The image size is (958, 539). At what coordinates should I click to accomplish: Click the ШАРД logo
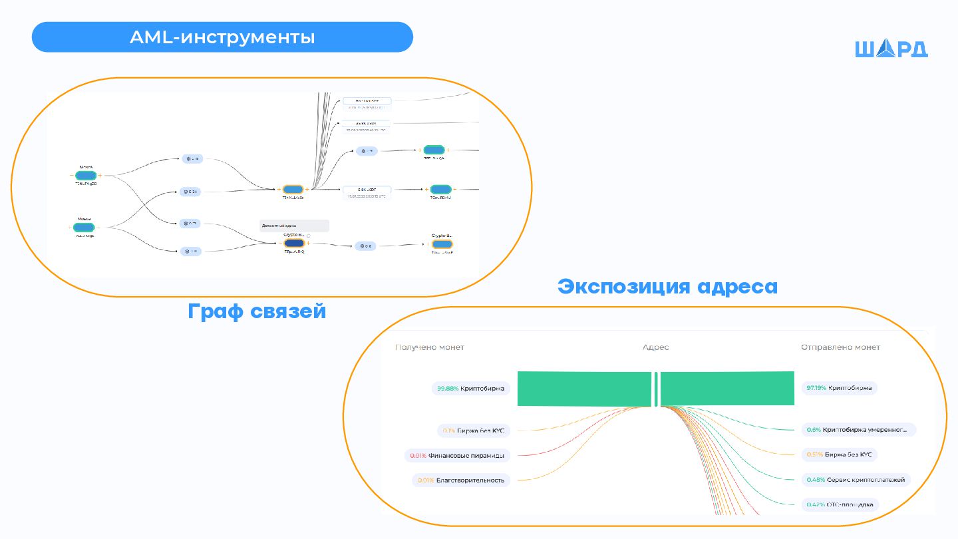pyautogui.click(x=891, y=49)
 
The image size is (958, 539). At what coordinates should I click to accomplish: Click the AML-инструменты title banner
pyautogui.click(x=222, y=37)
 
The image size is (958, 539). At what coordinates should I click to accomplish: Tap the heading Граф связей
pyautogui.click(x=257, y=311)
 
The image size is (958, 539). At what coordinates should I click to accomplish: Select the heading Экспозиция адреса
pyautogui.click(x=667, y=286)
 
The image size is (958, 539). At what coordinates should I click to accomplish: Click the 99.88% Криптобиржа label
pyautogui.click(x=470, y=388)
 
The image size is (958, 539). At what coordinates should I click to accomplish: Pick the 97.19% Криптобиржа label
pyautogui.click(x=839, y=388)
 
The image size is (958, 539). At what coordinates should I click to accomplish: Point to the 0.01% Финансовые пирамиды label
pyautogui.click(x=457, y=456)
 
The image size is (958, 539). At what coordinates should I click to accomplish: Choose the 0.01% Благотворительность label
pyautogui.click(x=461, y=480)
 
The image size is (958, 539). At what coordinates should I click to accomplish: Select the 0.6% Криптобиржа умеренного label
pyautogui.click(x=858, y=430)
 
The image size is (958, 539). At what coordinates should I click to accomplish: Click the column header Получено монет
pyautogui.click(x=429, y=347)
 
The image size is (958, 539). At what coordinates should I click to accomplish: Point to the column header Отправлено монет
pyautogui.click(x=840, y=347)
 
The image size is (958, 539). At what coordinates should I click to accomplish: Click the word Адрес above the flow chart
pyautogui.click(x=655, y=347)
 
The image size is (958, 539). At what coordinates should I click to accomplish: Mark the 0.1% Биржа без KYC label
pyautogui.click(x=473, y=431)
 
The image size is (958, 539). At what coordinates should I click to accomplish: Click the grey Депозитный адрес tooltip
pyautogui.click(x=294, y=226)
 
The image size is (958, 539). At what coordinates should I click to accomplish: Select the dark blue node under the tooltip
pyautogui.click(x=293, y=244)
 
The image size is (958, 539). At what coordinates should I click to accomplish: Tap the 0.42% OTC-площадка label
pyautogui.click(x=840, y=505)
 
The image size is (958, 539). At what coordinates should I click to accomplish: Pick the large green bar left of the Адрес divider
pyautogui.click(x=584, y=389)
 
